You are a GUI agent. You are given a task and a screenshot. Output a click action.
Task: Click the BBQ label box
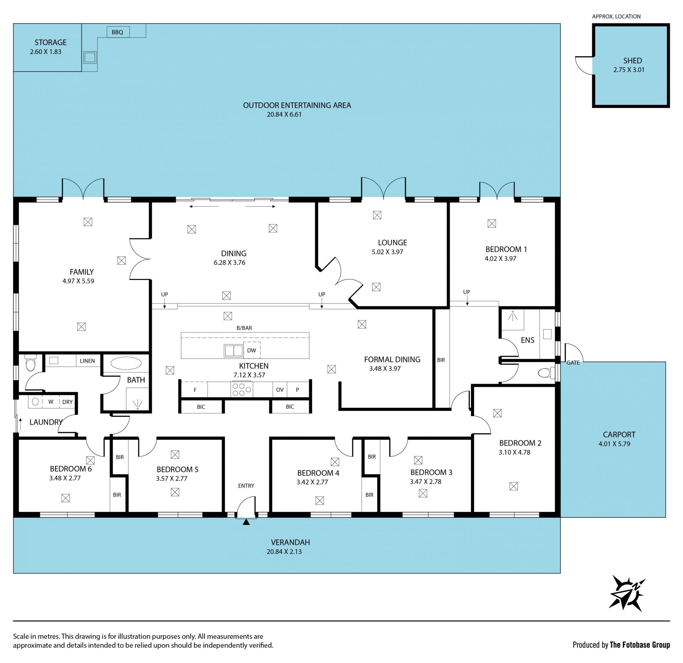[118, 32]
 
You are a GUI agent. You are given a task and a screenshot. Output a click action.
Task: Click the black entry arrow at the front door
[246, 522]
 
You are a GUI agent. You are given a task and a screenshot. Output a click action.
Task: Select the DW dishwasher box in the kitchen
[252, 350]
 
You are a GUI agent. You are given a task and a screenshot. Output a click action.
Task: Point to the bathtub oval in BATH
[126, 364]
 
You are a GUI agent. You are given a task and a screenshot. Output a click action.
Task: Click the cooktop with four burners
[242, 389]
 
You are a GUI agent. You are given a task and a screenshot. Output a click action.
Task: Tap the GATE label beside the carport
[573, 363]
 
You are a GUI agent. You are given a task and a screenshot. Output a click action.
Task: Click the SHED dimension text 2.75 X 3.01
[629, 70]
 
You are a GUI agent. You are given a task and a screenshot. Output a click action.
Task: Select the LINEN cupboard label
[88, 361]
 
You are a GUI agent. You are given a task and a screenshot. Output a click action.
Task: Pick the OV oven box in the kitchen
[280, 389]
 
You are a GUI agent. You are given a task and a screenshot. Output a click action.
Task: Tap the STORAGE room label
[51, 42]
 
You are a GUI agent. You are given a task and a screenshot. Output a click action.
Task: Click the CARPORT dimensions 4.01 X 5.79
[614, 444]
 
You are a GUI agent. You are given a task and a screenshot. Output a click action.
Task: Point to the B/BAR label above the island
[244, 328]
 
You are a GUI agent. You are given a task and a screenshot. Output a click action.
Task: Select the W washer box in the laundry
[51, 402]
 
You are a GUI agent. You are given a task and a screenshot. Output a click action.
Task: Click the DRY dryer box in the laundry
[68, 402]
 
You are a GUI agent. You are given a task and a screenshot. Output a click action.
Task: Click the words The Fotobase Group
[640, 645]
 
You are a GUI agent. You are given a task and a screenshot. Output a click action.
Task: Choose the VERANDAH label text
[290, 542]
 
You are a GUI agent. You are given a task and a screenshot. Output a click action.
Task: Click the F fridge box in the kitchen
[195, 389]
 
